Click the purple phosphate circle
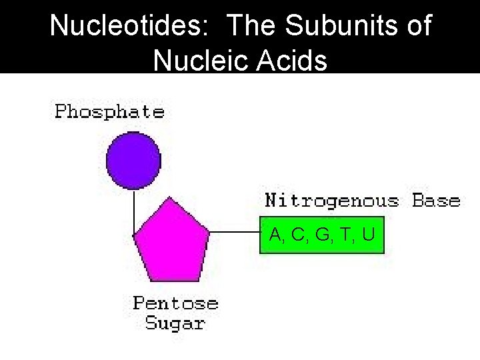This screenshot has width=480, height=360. point(133,161)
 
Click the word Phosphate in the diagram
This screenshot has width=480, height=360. point(109,111)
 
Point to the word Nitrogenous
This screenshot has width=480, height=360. point(332,201)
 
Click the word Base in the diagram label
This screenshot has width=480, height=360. point(436,201)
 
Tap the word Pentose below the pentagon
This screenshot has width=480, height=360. point(175,303)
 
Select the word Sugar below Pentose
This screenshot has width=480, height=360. point(175,324)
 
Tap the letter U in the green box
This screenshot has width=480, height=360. point(369,235)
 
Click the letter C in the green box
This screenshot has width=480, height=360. point(297,235)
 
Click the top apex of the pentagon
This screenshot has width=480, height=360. point(171,198)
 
